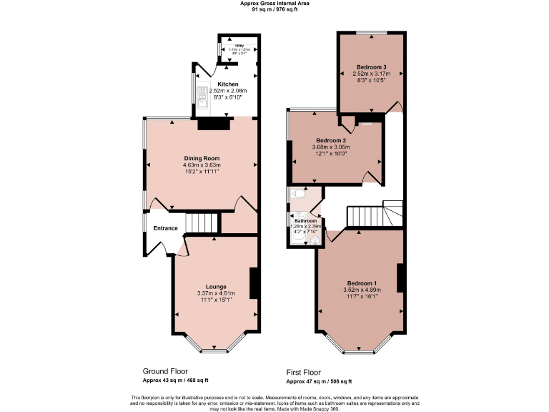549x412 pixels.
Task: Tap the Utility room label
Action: pyautogui.click(x=239, y=45)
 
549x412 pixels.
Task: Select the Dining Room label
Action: pyautogui.click(x=202, y=158)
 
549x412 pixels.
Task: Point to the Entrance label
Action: pyautogui.click(x=166, y=228)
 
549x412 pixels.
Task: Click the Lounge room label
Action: pyautogui.click(x=216, y=286)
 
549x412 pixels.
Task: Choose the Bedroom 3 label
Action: pyautogui.click(x=372, y=67)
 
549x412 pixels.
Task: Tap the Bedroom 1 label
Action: pyautogui.click(x=362, y=283)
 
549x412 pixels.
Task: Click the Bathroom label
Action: pyautogui.click(x=306, y=222)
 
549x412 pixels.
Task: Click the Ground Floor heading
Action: pyautogui.click(x=165, y=372)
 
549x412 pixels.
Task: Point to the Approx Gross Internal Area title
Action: pyautogui.click(x=274, y=4)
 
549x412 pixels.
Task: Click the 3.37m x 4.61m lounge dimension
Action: pyautogui.click(x=216, y=293)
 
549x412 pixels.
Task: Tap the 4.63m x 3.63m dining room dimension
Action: pyautogui.click(x=202, y=165)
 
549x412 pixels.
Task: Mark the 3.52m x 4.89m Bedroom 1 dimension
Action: pyautogui.click(x=362, y=290)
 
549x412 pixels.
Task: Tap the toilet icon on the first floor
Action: pyautogui.click(x=298, y=193)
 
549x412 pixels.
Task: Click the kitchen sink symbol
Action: pyautogui.click(x=202, y=100)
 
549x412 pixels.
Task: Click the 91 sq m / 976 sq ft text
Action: pyautogui.click(x=274, y=9)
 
